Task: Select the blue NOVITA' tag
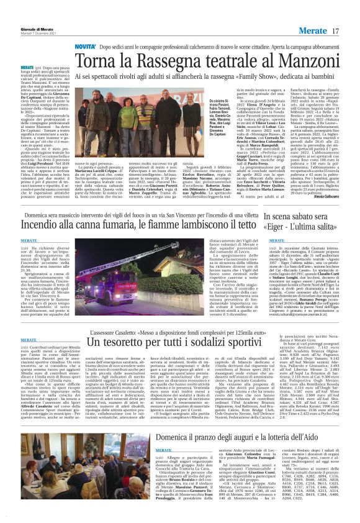(86, 47)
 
